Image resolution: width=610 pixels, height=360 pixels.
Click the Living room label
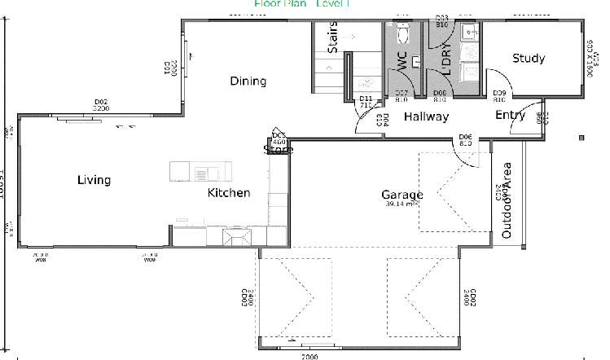(94, 180)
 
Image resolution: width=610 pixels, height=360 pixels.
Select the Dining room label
(248, 81)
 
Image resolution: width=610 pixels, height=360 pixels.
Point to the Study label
(528, 59)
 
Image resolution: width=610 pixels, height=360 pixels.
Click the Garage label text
(402, 195)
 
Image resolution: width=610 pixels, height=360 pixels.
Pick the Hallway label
(426, 116)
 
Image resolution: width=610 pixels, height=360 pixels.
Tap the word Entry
(510, 115)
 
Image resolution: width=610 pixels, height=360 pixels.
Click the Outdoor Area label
(507, 200)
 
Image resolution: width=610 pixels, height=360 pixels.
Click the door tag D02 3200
(101, 104)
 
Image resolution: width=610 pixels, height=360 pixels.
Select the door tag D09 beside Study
(501, 96)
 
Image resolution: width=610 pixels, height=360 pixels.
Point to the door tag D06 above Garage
(466, 139)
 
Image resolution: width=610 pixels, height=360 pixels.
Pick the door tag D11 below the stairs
(366, 102)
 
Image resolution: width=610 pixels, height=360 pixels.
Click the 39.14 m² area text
(403, 204)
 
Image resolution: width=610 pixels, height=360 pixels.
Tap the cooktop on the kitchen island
(201, 172)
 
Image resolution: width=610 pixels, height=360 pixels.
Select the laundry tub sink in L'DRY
(470, 33)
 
